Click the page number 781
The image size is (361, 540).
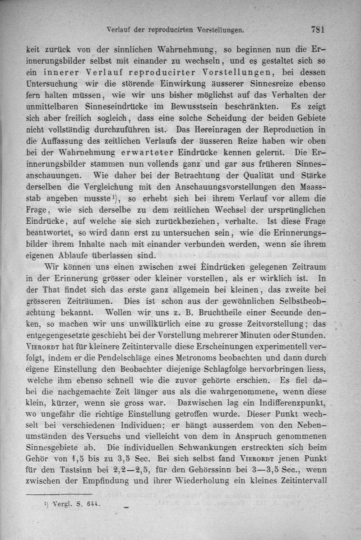pyautogui.click(x=318, y=30)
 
